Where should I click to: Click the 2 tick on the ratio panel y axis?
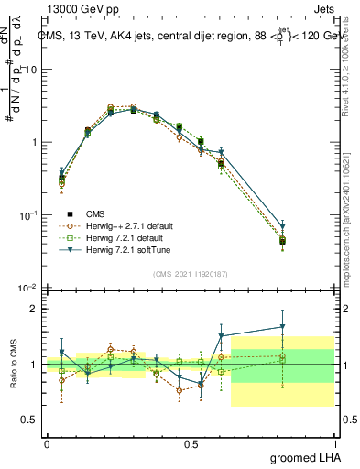pyautogui.click(x=34, y=309)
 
